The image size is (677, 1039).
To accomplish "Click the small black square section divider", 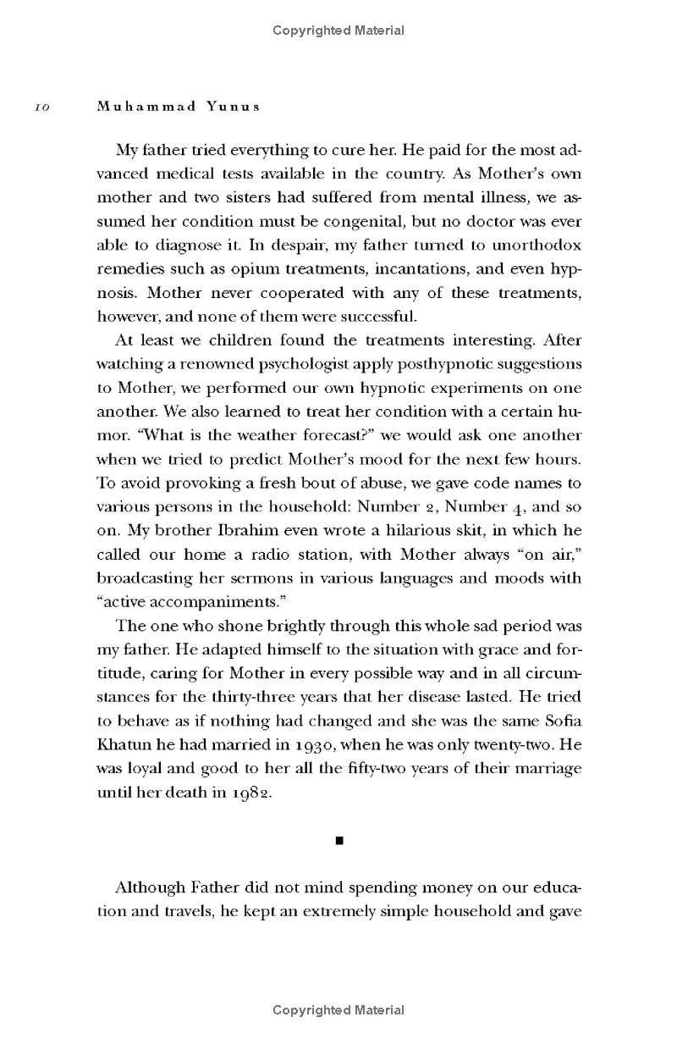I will [x=338, y=841].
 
